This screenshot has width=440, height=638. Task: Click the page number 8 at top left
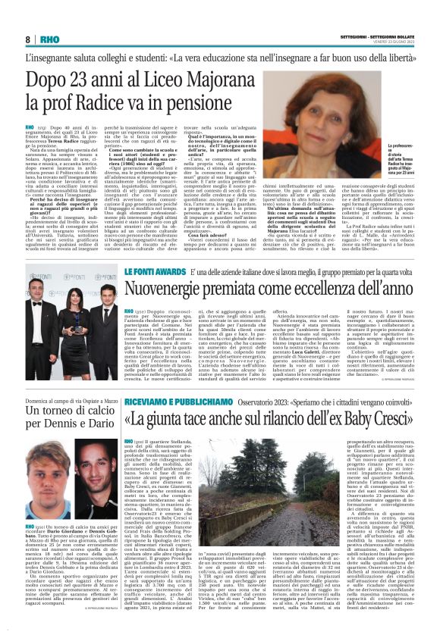[28, 39]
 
